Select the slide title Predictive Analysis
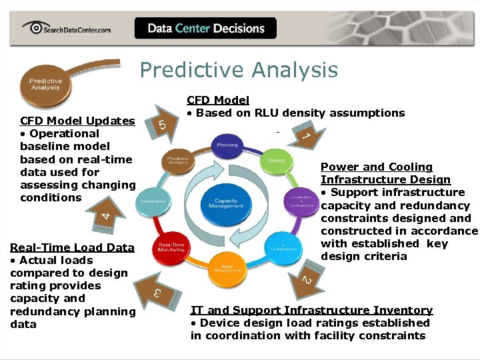[x=239, y=70]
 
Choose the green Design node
[x=276, y=161]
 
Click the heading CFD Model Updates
[x=77, y=121]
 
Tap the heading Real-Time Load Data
[x=72, y=247]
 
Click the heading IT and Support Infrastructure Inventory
[x=311, y=310]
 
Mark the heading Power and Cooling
[x=376, y=167]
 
